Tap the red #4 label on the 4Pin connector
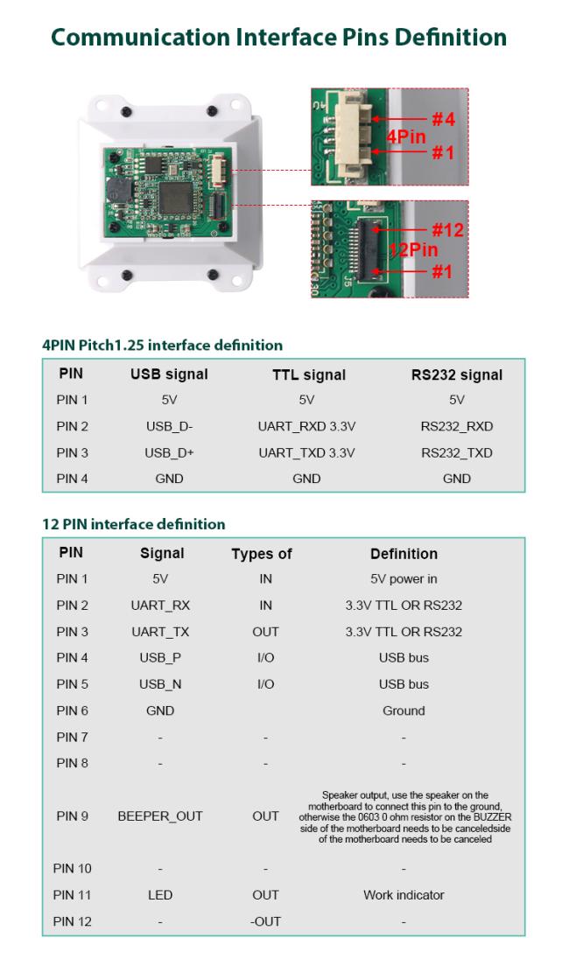point(443,118)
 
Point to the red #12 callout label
point(446,231)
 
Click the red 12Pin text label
point(413,250)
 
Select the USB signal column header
point(169,374)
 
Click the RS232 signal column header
point(456,374)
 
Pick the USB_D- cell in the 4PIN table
point(169,427)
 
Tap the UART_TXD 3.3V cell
point(306,453)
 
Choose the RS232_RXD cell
point(456,427)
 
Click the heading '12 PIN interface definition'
point(134,524)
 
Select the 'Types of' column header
point(262,554)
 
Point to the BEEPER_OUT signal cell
point(160,816)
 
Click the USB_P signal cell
point(160,658)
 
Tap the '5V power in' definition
point(404,579)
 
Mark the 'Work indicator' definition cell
point(404,895)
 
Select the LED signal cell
point(160,895)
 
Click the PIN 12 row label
point(73,921)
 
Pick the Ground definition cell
point(404,710)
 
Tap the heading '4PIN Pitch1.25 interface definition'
point(162,345)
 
